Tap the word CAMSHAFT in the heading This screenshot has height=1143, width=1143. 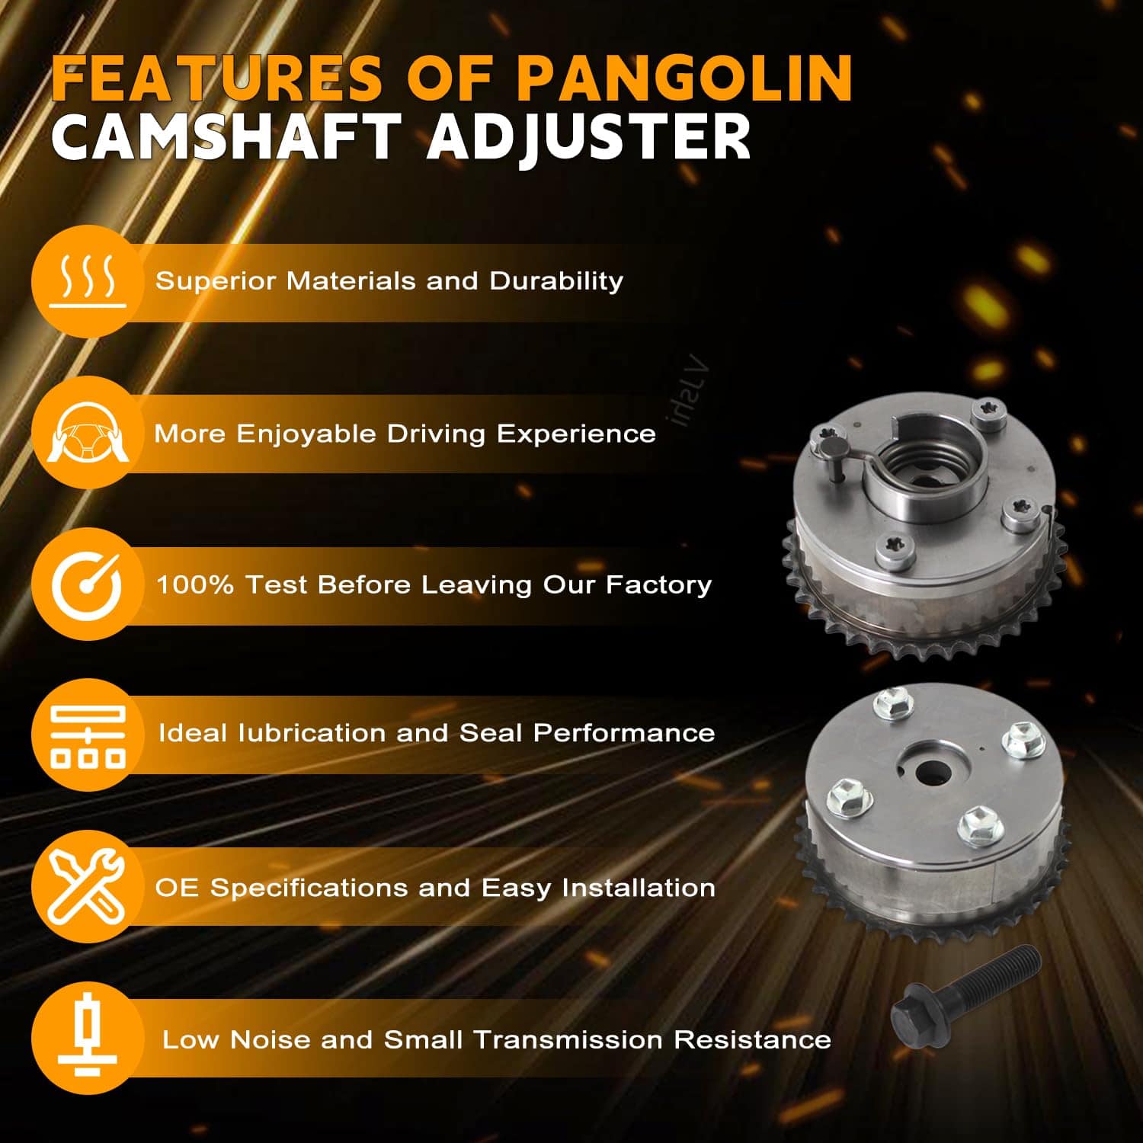(x=226, y=136)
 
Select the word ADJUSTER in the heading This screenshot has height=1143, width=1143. (x=588, y=136)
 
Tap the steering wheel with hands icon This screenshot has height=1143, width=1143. (x=88, y=432)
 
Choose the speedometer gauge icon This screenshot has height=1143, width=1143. (x=88, y=584)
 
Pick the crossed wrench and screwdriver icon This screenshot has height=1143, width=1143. (x=88, y=886)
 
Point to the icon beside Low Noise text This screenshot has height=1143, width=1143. (x=88, y=1038)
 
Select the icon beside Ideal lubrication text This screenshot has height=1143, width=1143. (x=88, y=735)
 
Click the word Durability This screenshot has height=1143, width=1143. (x=556, y=281)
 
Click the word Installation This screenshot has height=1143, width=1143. (x=639, y=888)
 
